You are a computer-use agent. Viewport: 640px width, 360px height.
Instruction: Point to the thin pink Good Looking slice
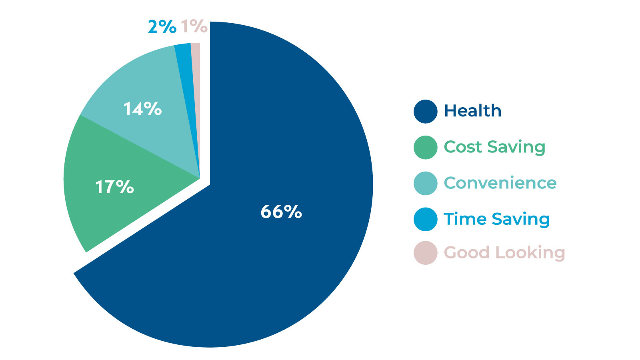pos(196,80)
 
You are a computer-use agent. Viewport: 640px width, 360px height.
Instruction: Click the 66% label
pos(281,212)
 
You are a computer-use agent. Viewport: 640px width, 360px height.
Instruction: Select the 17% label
pos(114,187)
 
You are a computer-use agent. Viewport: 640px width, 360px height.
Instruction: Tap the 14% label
pos(142,109)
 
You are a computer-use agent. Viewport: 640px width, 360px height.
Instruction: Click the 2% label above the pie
pos(162,27)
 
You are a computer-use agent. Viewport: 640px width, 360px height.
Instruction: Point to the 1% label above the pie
pos(194,26)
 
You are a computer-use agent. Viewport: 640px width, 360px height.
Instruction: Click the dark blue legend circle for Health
pos(425,111)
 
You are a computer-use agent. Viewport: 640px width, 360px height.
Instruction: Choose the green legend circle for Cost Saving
pos(425,147)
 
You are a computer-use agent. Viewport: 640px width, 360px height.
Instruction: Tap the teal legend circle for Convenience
pos(425,183)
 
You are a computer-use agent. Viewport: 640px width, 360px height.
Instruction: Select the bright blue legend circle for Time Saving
pos(425,219)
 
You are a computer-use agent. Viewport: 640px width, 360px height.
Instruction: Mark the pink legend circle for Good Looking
pos(425,253)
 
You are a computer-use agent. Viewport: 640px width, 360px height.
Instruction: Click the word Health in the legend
pos(472,111)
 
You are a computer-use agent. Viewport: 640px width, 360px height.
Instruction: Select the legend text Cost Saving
pos(494,147)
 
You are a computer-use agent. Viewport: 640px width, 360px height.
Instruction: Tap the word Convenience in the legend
pos(500,183)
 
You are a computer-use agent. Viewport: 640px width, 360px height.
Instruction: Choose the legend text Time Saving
pos(497,219)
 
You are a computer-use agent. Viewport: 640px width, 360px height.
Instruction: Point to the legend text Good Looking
pos(504,253)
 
